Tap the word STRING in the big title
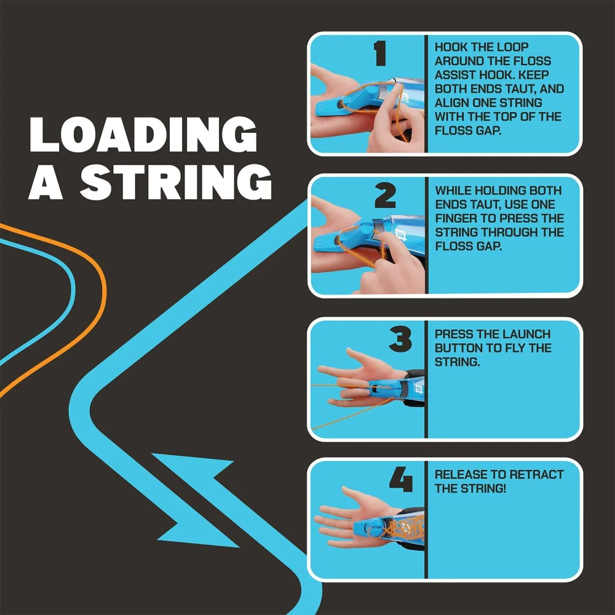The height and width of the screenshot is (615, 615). tap(176, 181)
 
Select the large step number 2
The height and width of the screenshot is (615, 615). tap(385, 196)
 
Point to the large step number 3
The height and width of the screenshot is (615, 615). tap(400, 339)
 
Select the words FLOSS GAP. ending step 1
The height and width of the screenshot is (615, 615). tap(468, 130)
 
